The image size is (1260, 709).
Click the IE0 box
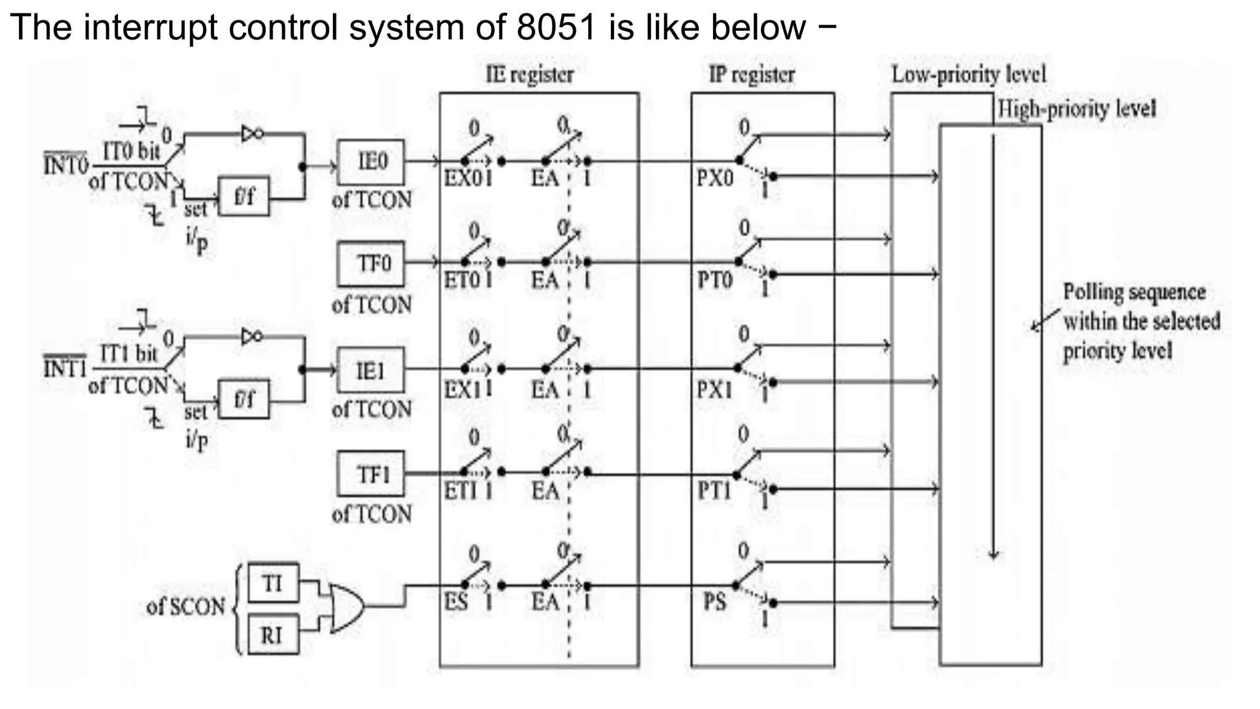[371, 162]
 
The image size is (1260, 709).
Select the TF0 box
[371, 264]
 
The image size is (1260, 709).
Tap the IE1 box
[371, 371]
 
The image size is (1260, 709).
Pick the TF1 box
[371, 475]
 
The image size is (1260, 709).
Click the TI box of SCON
[273, 583]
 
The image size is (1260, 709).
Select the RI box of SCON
[273, 635]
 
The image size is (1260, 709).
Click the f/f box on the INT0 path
[244, 196]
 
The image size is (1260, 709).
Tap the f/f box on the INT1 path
[244, 399]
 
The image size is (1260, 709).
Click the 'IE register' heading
[530, 75]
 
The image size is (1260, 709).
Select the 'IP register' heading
[752, 75]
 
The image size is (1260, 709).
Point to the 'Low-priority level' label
[968, 75]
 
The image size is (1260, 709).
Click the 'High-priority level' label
[1077, 110]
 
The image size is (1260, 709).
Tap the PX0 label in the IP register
[715, 178]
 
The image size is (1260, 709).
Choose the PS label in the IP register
[715, 601]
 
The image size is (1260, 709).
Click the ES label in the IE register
[456, 601]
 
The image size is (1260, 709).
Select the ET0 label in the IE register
[461, 281]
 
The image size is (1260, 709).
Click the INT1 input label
[65, 368]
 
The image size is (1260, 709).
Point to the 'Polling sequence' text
[1134, 292]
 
